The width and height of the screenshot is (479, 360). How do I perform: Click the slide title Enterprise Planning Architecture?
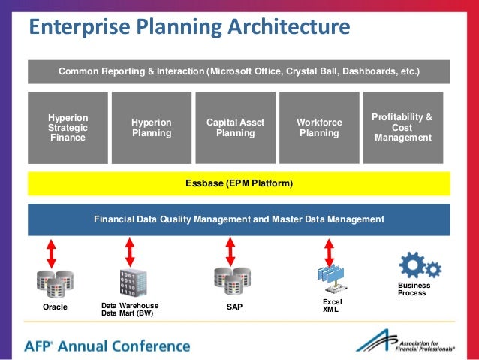coord(189,28)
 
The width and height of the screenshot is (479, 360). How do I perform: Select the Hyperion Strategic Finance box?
coord(68,128)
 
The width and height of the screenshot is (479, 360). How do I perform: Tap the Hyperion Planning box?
coord(152,128)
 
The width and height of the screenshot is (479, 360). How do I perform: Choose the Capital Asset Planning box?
coord(235,128)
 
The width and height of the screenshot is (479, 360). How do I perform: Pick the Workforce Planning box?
coord(319,128)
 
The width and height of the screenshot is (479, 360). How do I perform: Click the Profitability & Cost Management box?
coord(402,128)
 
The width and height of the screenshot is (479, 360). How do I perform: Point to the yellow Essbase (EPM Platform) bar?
coord(239,183)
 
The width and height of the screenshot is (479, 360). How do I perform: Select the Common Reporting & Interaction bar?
coord(239,71)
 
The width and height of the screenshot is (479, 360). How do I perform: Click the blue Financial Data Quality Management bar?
coord(239,219)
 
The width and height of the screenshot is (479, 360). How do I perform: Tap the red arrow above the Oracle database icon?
coord(52,253)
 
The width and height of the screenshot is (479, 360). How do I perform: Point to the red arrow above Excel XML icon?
coord(328,253)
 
